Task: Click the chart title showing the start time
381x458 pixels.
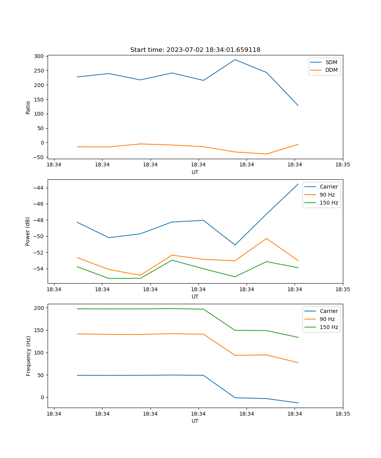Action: point(195,50)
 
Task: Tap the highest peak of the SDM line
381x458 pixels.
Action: point(235,60)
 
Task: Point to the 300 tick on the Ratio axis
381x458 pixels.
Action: point(38,56)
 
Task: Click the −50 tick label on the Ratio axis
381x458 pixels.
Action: point(38,157)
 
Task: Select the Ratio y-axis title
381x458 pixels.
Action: point(28,107)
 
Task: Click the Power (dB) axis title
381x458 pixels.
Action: point(28,232)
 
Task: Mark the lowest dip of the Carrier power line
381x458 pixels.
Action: point(235,245)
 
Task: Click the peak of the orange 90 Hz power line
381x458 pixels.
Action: point(267,239)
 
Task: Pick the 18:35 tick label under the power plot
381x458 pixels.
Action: point(343,289)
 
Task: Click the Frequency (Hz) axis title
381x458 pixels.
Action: point(29,356)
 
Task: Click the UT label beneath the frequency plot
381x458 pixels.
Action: point(195,421)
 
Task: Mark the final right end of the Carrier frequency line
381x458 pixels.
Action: point(298,403)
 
